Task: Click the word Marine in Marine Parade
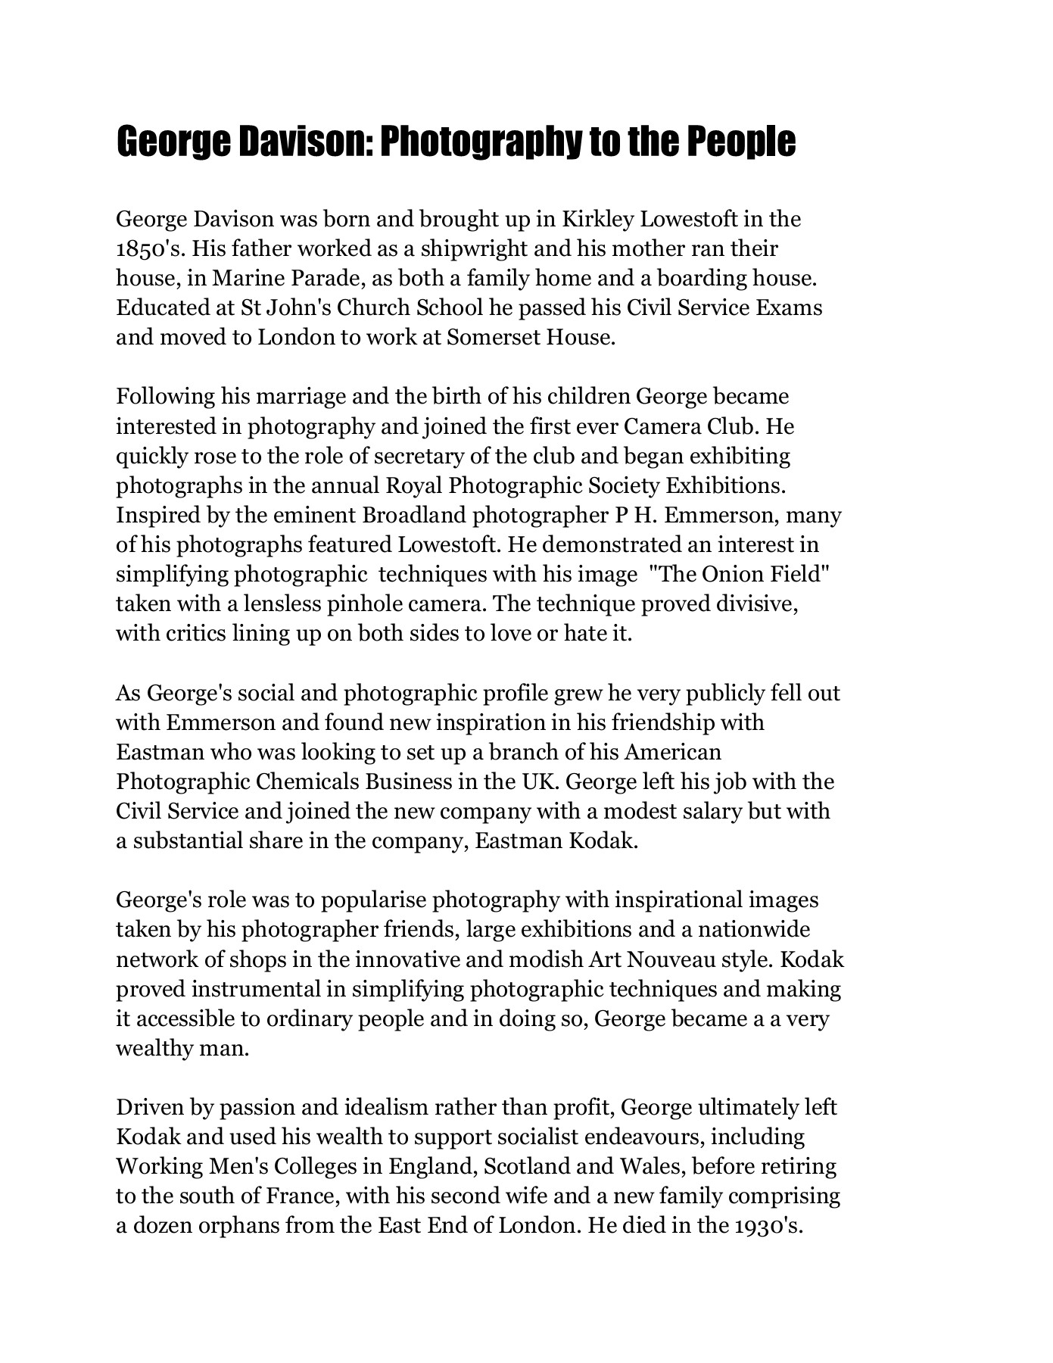pos(245,279)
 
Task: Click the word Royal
pos(414,486)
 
